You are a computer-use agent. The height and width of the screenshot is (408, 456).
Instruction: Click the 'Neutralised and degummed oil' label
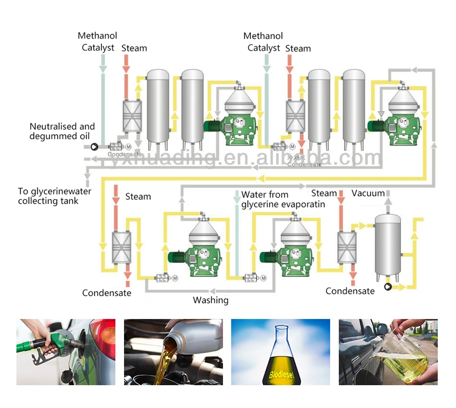[62, 131]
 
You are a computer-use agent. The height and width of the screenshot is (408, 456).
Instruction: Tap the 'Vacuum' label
[368, 194]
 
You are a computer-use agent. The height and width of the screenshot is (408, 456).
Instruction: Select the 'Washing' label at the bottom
[210, 300]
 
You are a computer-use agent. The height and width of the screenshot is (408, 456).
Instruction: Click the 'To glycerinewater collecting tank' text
[54, 196]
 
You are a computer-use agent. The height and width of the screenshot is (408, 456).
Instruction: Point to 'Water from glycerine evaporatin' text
[283, 199]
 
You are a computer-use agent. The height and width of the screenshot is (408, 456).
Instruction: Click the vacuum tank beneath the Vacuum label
[388, 246]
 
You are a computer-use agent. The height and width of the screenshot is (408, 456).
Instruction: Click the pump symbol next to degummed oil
[94, 146]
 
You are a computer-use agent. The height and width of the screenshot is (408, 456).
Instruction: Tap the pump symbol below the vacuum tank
[388, 287]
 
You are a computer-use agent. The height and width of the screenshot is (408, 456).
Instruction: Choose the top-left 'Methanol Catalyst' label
[98, 41]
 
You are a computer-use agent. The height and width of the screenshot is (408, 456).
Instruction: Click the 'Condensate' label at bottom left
[107, 293]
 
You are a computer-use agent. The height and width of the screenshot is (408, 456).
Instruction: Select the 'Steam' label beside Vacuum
[324, 194]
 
